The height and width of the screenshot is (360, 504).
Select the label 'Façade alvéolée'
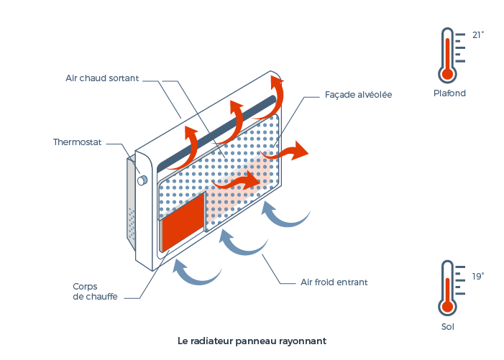[x=358, y=94]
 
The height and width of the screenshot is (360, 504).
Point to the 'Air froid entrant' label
[x=334, y=282]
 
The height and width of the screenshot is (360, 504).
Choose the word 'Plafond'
[x=449, y=93]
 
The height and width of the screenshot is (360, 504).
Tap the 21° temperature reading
[x=478, y=34]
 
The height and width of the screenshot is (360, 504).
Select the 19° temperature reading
[x=478, y=276]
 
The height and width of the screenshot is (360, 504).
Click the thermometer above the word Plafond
[x=448, y=55]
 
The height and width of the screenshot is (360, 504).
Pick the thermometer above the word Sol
[x=448, y=287]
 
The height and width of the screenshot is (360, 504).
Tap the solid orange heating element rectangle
[x=183, y=223]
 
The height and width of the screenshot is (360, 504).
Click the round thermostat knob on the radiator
[x=142, y=180]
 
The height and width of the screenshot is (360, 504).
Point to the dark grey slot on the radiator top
[x=216, y=130]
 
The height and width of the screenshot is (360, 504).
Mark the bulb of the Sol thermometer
[x=448, y=305]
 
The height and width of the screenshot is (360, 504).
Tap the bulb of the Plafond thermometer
[x=448, y=73]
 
